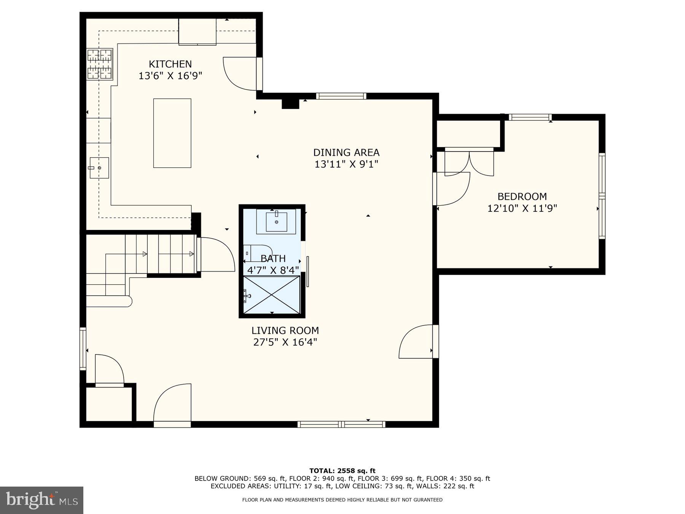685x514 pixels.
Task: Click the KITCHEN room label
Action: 170,64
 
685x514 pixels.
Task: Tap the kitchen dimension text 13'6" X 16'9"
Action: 170,76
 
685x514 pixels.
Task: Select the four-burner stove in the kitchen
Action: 100,64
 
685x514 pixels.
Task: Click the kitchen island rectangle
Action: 172,133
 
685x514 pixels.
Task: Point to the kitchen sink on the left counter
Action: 99,168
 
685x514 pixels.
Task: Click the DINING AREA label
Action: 346,152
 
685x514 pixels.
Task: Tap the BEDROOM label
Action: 522,196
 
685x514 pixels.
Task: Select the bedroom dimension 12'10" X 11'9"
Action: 522,208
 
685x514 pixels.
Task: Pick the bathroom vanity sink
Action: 276,222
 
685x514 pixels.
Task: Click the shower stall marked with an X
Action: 272,295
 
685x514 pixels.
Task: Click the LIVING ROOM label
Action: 285,330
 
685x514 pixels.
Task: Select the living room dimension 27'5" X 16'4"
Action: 285,342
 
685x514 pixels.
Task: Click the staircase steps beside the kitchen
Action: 160,254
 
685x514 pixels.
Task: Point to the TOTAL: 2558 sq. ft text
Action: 342,471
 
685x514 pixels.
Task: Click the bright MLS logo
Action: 41,500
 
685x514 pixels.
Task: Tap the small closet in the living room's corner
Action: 109,404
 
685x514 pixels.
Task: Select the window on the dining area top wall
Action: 341,96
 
